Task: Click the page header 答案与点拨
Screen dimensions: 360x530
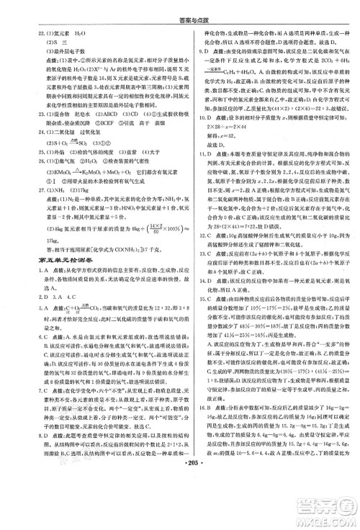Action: (180, 10)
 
